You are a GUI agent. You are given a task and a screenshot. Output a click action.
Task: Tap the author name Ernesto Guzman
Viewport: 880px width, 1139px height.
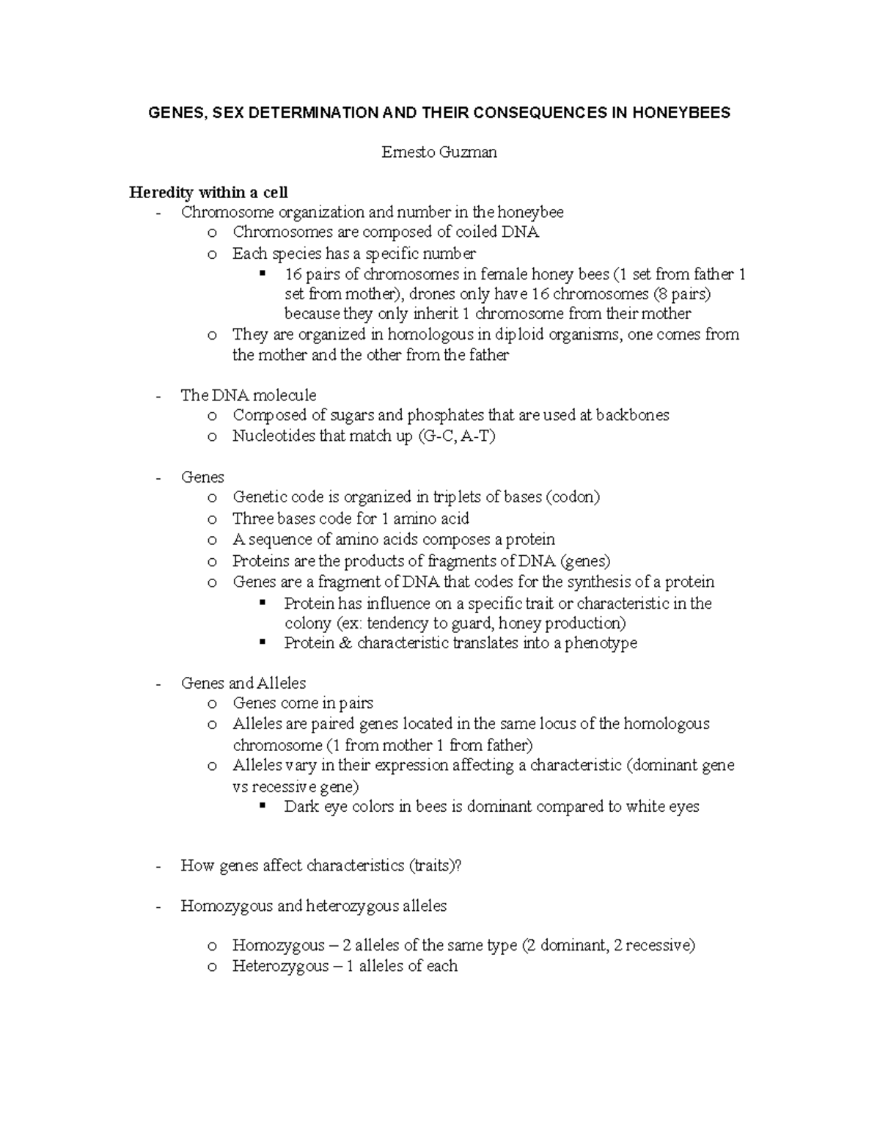[x=439, y=153]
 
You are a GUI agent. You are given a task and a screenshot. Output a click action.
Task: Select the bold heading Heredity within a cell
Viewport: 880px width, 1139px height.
[x=208, y=193]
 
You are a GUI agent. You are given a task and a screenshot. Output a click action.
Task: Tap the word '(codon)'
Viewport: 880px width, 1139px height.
[x=572, y=497]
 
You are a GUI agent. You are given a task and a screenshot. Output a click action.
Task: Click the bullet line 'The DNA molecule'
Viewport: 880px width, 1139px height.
[x=249, y=395]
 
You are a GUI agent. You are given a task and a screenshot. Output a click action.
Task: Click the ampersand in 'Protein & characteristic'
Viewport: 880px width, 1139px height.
[x=346, y=643]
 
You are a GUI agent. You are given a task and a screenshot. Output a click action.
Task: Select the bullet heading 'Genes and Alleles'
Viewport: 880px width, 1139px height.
[x=243, y=684]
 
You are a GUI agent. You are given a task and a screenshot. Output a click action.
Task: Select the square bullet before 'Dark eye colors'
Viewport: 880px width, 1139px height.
[x=263, y=807]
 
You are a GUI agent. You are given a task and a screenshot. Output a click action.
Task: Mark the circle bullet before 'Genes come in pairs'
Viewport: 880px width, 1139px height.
[x=212, y=704]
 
